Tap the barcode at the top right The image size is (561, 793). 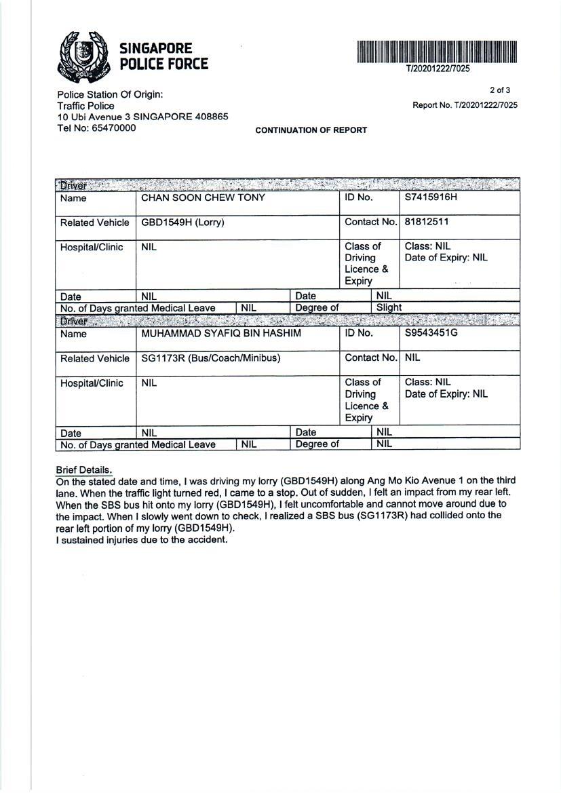(x=438, y=52)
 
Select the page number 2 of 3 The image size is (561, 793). (x=500, y=90)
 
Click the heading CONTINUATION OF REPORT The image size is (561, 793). (x=311, y=130)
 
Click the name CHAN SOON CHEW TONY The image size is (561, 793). (x=203, y=198)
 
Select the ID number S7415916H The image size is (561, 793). (x=431, y=197)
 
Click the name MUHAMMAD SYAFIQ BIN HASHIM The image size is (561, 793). (x=221, y=334)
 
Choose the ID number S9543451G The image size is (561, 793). (x=431, y=333)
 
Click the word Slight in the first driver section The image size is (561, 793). (x=389, y=307)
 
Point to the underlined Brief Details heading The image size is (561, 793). (x=84, y=470)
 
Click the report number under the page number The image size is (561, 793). (x=465, y=105)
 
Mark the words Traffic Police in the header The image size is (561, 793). (x=85, y=106)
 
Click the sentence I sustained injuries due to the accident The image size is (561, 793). (x=142, y=540)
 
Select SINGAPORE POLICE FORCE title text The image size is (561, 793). (x=163, y=56)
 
